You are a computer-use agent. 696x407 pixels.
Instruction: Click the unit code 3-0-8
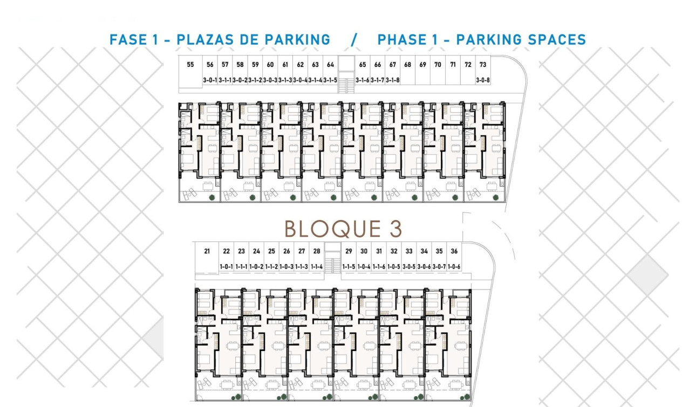pos(483,80)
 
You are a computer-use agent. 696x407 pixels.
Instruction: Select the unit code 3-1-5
pos(330,80)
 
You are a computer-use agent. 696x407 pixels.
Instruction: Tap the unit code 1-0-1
pos(226,267)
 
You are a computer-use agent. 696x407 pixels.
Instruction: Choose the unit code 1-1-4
pos(317,267)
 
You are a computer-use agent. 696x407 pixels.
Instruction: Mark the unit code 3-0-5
pos(409,267)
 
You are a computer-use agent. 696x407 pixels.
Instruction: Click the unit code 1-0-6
pos(454,267)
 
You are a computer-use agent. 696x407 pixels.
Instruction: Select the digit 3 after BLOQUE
pos(396,229)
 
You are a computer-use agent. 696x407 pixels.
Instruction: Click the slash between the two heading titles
pos(354,40)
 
